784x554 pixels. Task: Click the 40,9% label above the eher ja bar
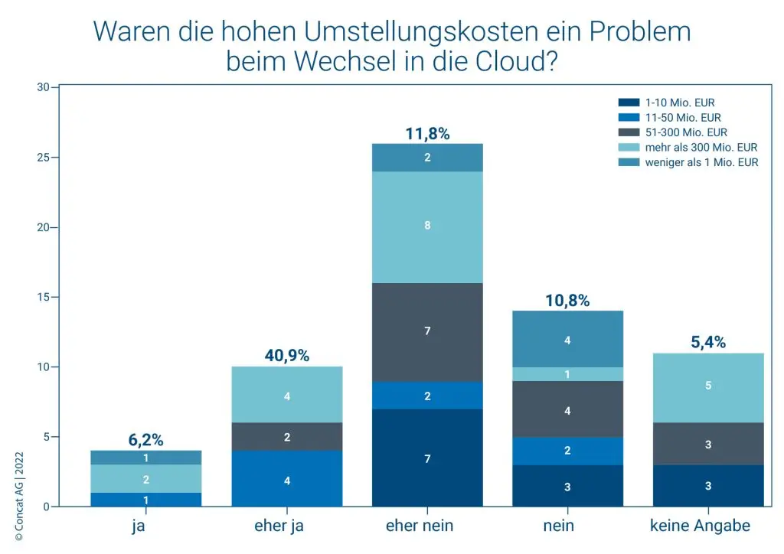[x=286, y=356]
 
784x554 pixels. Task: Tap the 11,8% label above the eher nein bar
[x=427, y=134]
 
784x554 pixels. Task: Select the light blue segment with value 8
[x=427, y=226]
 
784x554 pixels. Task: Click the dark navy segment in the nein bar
[x=567, y=486]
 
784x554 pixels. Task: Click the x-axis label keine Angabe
[x=708, y=526]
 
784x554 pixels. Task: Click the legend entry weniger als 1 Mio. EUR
[x=701, y=162]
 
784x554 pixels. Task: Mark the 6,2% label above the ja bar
[x=146, y=440]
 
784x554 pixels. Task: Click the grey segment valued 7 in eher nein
[x=427, y=331]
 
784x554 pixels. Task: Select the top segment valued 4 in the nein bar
[x=567, y=339]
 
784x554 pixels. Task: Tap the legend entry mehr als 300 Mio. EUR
[x=701, y=147]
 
